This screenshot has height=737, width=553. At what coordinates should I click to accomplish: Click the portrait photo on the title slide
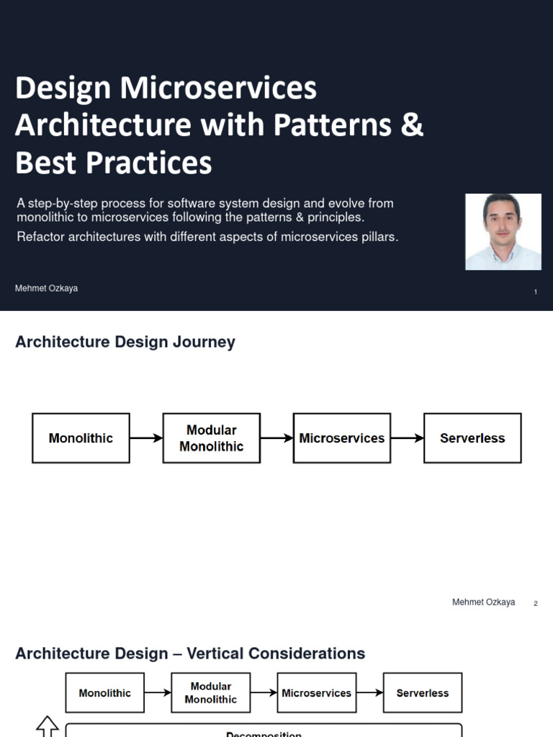click(503, 232)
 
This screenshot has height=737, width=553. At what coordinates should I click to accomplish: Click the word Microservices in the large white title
click(218, 89)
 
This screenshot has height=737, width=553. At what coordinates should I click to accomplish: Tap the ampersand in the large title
click(411, 125)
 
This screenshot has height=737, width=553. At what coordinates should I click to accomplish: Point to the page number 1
click(536, 291)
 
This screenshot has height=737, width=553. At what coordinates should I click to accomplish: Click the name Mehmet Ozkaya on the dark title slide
click(46, 289)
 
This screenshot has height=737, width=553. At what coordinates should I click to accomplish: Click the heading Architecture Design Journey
click(125, 343)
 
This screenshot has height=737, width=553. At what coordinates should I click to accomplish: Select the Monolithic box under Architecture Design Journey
click(81, 438)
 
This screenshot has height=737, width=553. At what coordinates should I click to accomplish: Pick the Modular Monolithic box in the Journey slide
click(211, 438)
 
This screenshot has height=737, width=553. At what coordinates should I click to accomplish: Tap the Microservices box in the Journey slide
click(342, 438)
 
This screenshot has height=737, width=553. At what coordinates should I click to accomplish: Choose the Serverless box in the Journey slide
click(472, 438)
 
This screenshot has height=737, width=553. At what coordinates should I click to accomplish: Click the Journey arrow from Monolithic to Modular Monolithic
click(146, 438)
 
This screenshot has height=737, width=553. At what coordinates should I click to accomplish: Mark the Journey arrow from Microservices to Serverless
click(407, 438)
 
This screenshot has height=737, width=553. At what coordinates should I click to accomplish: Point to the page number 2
click(536, 603)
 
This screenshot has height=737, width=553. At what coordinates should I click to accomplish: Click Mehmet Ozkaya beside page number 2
click(483, 602)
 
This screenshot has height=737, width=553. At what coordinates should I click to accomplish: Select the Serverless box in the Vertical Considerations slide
click(423, 693)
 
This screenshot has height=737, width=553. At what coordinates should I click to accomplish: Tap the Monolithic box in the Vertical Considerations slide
click(105, 693)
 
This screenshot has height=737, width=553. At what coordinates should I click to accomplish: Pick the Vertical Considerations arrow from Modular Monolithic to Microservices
click(264, 693)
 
